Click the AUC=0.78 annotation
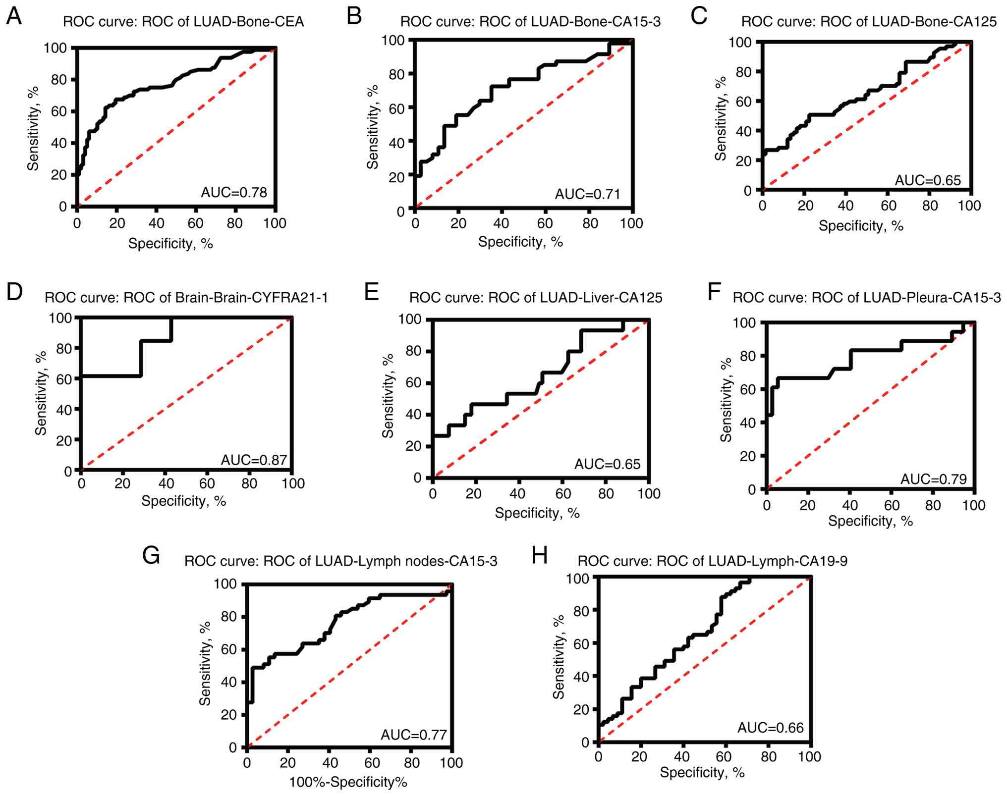tap(233, 192)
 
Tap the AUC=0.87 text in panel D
tap(254, 460)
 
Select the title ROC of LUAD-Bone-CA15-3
tap(530, 22)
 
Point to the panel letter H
tap(539, 556)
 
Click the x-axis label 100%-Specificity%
tap(348, 783)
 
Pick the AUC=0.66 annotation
tap(770, 728)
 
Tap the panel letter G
tap(151, 556)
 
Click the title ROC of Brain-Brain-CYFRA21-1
tap(186, 298)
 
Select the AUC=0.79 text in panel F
tap(933, 479)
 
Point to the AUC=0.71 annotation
tap(587, 194)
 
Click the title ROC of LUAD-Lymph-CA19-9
tap(713, 561)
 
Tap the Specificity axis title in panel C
tap(861, 226)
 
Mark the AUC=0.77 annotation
tap(414, 735)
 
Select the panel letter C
tap(699, 16)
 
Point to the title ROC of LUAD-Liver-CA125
tap(535, 298)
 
